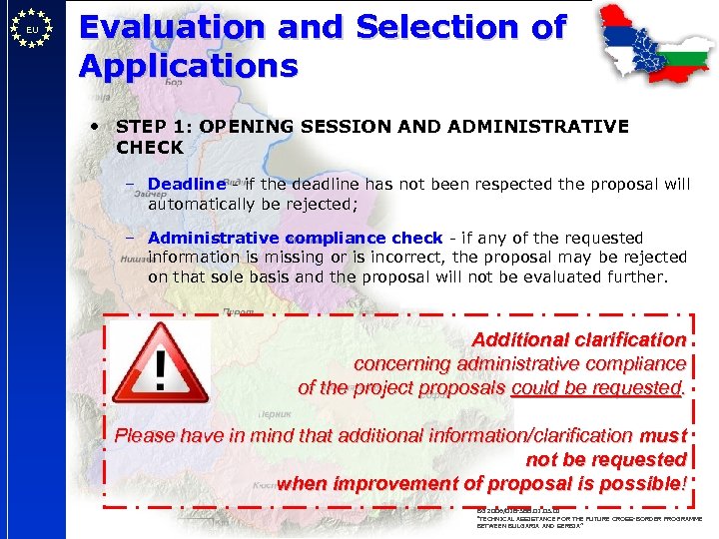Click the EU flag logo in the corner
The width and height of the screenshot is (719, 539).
tap(32, 31)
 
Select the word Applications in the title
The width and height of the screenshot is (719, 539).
tap(189, 66)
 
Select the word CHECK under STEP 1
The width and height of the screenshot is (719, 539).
tap(150, 147)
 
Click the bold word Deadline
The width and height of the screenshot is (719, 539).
tap(186, 184)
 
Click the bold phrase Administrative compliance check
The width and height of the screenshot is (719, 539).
tap(295, 238)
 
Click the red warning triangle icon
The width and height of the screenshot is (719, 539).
tap(160, 361)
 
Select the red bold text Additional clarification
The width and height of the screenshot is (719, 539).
tap(578, 339)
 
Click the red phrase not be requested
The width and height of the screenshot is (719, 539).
tap(606, 459)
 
